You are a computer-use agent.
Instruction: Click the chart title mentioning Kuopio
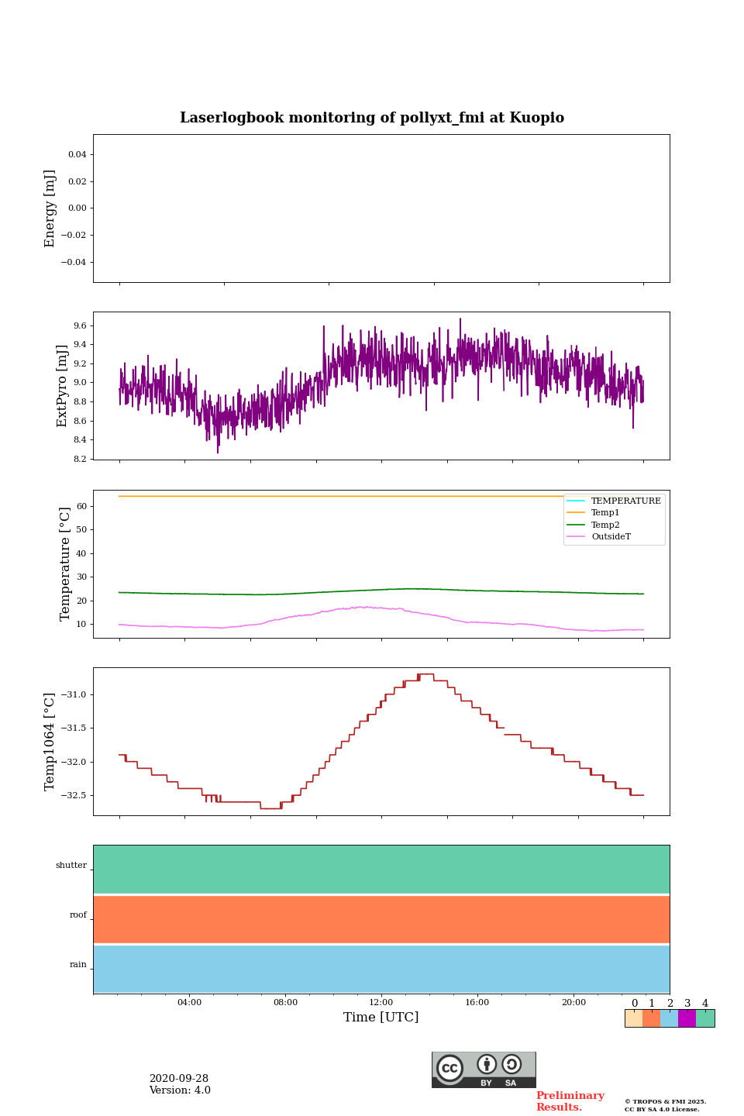click(x=372, y=118)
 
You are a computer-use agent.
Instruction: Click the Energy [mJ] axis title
click(x=50, y=208)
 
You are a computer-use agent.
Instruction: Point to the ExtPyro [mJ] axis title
click(x=63, y=386)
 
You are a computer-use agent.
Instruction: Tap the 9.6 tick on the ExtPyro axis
click(x=80, y=325)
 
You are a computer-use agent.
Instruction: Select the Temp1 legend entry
click(x=605, y=513)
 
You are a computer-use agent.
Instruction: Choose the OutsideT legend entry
click(x=611, y=537)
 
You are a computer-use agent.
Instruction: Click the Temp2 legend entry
click(x=605, y=525)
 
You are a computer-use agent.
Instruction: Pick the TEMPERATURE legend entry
click(x=625, y=501)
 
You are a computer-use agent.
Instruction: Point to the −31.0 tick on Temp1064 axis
click(x=74, y=694)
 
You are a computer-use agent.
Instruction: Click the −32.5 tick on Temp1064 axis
click(x=74, y=795)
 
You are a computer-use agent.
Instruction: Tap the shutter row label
click(x=71, y=866)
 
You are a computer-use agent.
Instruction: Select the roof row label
click(x=78, y=915)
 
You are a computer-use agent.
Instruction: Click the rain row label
click(x=78, y=965)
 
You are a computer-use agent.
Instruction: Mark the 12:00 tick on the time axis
click(x=381, y=1002)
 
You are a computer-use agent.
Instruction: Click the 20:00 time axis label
click(x=573, y=1002)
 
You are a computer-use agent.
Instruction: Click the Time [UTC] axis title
click(x=381, y=1018)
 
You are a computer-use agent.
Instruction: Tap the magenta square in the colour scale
click(x=687, y=1018)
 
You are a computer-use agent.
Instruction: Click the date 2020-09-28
click(x=179, y=1079)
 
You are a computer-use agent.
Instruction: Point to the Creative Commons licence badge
click(x=484, y=1069)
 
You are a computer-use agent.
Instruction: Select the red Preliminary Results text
click(x=570, y=1101)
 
